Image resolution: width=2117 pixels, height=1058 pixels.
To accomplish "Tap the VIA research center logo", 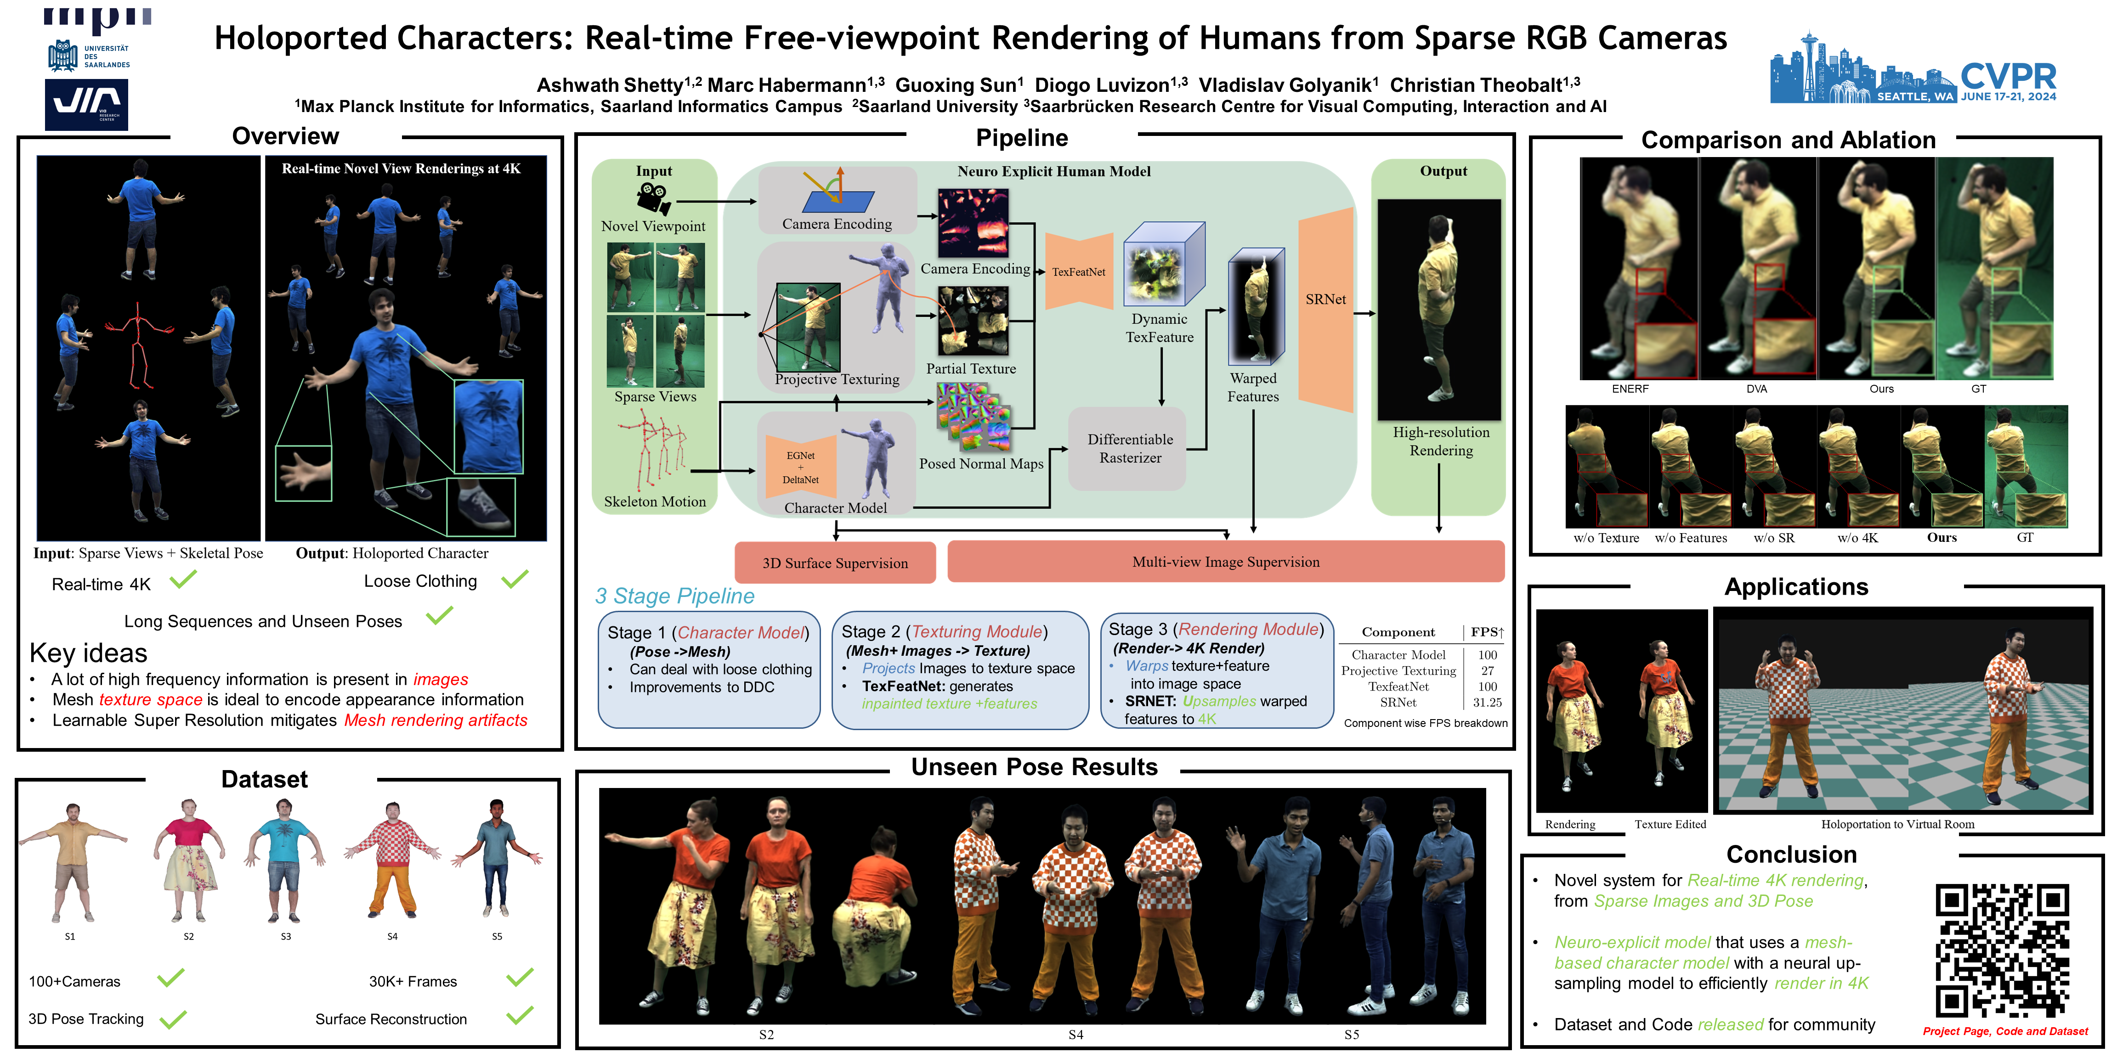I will click(86, 104).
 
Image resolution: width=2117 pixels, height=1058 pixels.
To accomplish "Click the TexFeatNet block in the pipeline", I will click(1078, 272).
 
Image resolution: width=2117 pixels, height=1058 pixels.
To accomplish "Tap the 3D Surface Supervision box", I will click(835, 563).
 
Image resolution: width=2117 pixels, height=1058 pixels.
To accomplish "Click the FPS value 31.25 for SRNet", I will click(1487, 702).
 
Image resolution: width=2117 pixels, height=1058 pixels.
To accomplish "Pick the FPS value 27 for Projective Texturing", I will click(1487, 670).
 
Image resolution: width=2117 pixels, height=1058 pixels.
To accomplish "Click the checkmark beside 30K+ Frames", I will click(520, 978).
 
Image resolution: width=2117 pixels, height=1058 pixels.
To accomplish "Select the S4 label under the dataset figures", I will click(392, 936).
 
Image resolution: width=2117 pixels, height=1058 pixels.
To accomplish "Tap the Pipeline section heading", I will click(1022, 138).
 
